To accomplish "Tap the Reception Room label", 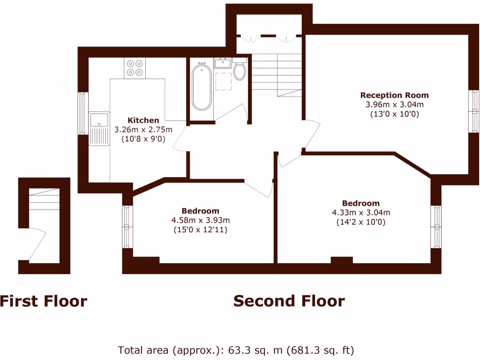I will (394, 95).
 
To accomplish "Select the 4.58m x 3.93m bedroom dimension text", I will (201, 220).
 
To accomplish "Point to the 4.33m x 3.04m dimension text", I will (361, 212).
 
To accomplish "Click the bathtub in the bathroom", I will (202, 88).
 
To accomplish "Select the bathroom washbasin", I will (222, 63).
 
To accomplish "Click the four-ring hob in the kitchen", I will (135, 67).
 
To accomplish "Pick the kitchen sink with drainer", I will (99, 128).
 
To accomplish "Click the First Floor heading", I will (43, 301).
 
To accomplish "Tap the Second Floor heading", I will (289, 301).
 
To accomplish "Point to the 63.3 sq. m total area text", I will (236, 350).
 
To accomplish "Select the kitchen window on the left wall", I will (83, 113).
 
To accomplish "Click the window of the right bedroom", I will (436, 226).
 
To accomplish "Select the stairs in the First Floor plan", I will (45, 201).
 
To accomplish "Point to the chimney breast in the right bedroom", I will (342, 260).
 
